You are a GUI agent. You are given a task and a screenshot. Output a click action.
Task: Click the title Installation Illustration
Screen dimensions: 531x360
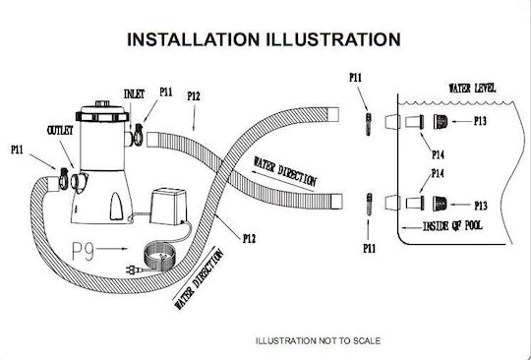tap(264, 39)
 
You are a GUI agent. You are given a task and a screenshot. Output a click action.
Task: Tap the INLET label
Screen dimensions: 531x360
tap(134, 93)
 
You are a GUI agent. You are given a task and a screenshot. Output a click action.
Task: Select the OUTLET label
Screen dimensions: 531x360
tap(60, 131)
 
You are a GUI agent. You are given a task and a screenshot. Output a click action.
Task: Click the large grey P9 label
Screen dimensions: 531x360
tap(83, 251)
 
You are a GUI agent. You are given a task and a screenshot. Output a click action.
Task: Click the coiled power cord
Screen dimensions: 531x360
tap(160, 256)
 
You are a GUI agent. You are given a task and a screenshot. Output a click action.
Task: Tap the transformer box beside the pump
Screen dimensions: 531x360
tap(168, 207)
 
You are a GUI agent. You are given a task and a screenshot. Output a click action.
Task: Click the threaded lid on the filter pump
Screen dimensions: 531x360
tap(102, 113)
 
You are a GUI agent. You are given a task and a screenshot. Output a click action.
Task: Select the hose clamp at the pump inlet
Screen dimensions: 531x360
tap(138, 135)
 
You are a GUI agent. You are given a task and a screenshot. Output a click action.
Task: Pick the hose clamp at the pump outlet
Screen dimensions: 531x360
tap(63, 179)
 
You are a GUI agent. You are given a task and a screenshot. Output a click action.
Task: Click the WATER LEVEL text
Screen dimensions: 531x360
tap(472, 89)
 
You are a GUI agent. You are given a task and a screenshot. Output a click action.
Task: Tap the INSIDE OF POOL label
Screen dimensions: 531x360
tap(452, 226)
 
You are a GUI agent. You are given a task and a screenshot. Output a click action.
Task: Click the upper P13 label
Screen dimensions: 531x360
tap(480, 121)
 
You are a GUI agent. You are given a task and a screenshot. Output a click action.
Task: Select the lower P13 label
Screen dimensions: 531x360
tap(481, 206)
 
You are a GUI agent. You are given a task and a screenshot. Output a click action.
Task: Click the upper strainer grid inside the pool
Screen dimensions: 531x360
tap(441, 122)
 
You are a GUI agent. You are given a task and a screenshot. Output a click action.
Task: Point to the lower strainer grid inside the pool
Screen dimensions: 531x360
tap(440, 204)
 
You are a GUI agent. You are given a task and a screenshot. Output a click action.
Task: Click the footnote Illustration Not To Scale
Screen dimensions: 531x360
tap(318, 340)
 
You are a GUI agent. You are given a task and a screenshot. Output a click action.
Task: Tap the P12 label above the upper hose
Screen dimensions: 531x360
tap(194, 96)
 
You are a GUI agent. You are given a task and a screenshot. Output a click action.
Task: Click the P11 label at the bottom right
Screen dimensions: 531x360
tap(369, 249)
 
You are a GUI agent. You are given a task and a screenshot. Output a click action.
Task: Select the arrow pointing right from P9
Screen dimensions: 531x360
tap(112, 249)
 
